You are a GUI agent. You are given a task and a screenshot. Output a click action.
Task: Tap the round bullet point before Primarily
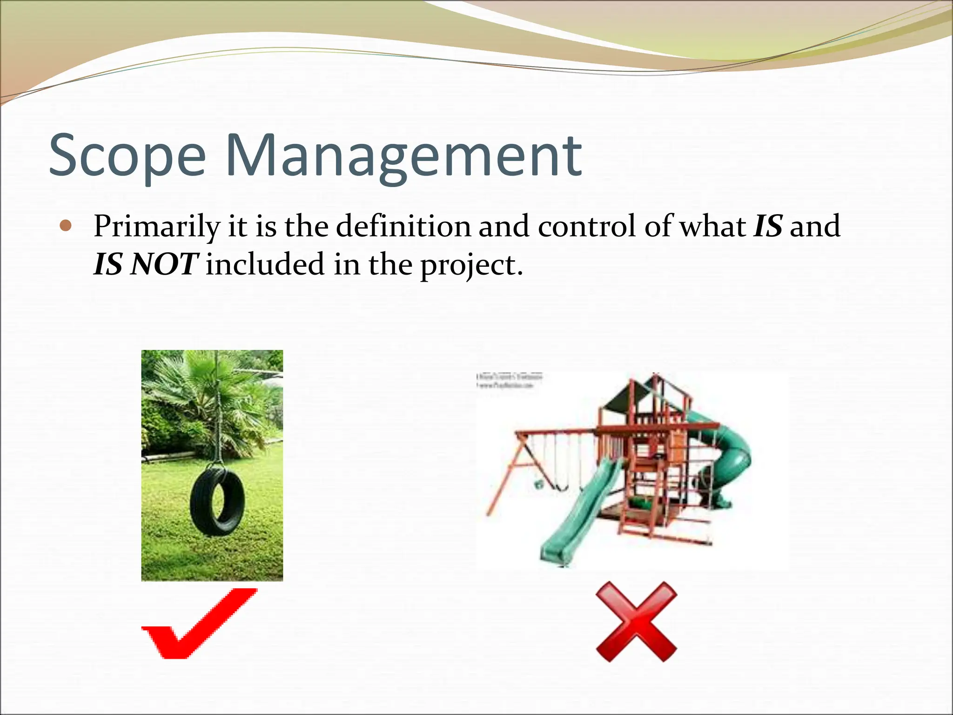[x=66, y=226]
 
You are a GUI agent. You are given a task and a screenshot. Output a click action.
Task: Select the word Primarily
[x=156, y=227]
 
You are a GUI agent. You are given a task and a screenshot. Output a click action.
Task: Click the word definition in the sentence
[x=403, y=226]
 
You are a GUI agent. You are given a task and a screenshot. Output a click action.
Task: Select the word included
[x=265, y=264]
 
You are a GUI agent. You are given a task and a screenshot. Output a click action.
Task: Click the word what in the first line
[x=712, y=226]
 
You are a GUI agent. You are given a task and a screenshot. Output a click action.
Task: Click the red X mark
[x=636, y=621]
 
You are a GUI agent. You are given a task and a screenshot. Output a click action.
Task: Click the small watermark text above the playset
[x=510, y=381]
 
